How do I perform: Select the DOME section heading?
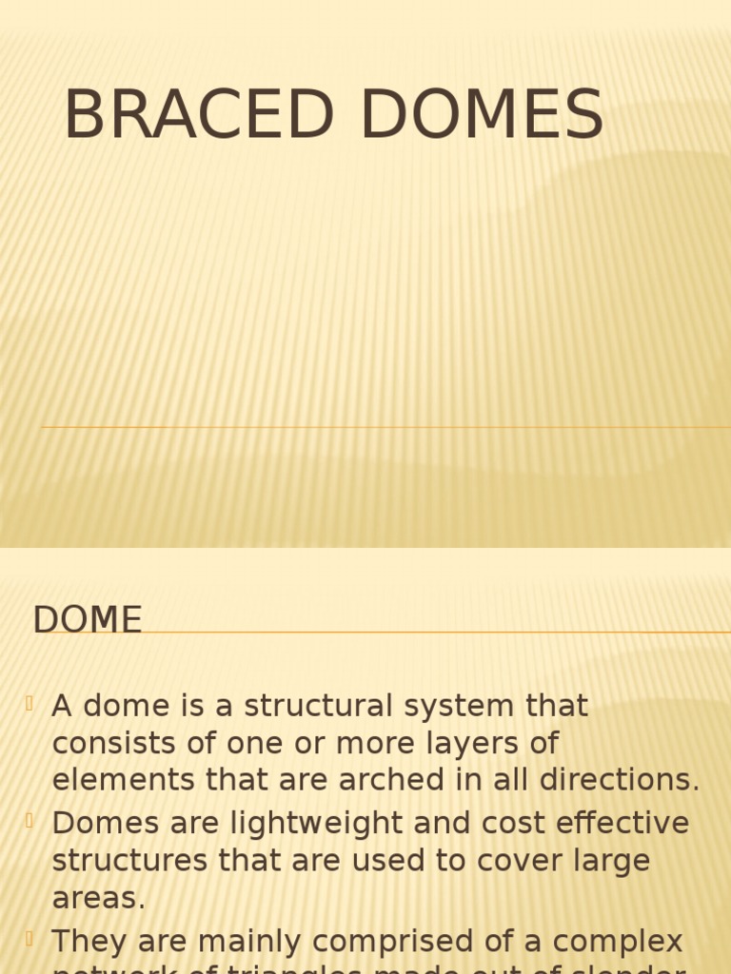pos(88,620)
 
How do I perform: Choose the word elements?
pos(115,779)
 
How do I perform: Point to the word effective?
pos(613,823)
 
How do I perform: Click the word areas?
pos(98,897)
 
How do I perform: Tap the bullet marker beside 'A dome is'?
pos(30,704)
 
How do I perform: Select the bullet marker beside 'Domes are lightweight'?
pos(30,821)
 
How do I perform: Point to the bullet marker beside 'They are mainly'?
pos(30,939)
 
